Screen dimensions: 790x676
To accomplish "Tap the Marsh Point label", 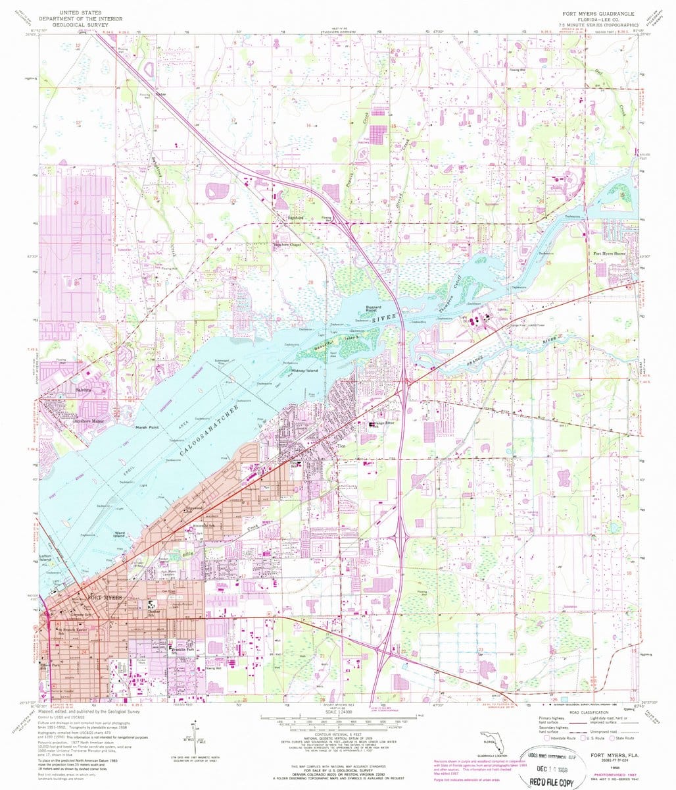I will coord(147,428).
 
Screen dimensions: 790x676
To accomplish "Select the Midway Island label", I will coord(304,371).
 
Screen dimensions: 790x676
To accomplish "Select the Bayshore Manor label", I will coord(89,419).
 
